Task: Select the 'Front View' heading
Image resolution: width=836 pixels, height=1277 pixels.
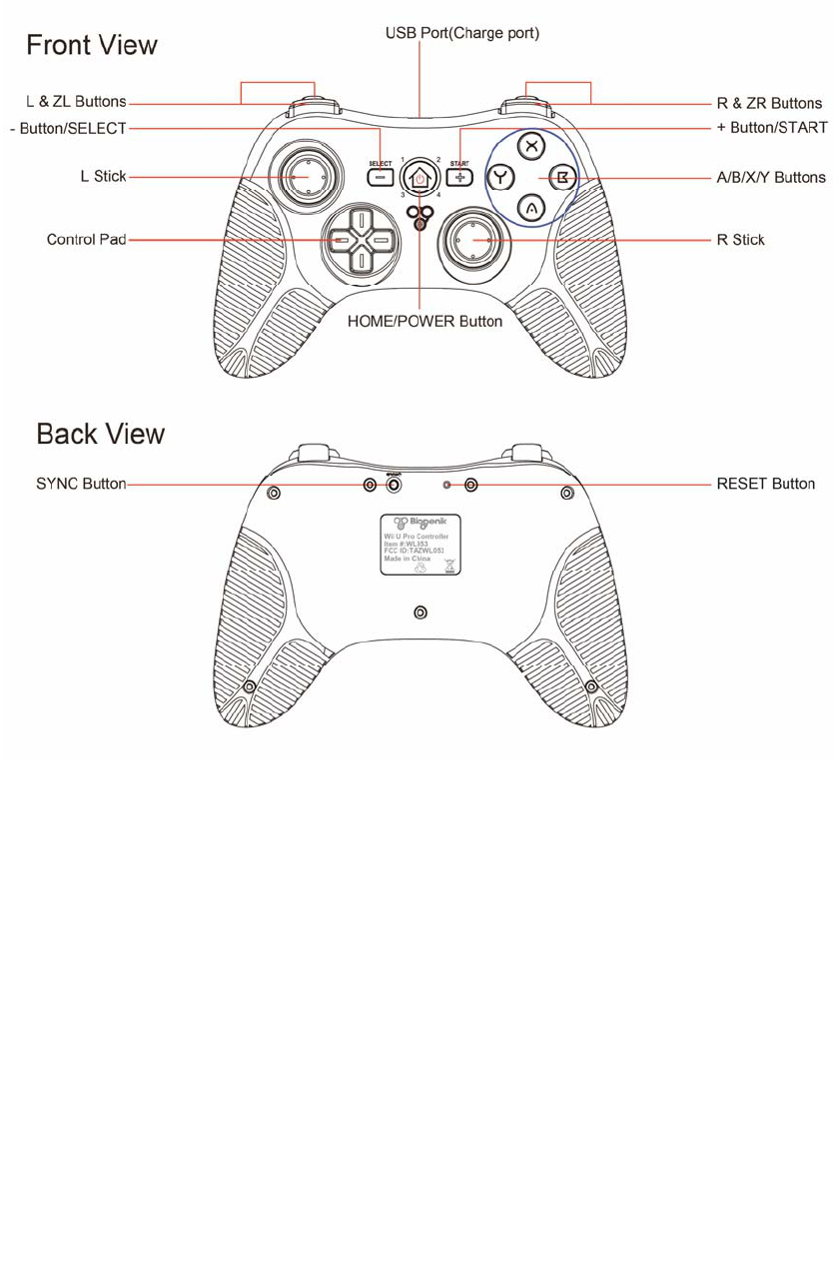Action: (92, 45)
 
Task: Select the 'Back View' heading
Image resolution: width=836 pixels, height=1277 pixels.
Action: (101, 435)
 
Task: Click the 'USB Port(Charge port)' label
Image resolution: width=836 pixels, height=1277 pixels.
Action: (462, 34)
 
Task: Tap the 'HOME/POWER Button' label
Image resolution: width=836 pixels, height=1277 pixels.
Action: (424, 322)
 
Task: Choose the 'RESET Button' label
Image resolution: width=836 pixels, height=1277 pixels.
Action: (766, 484)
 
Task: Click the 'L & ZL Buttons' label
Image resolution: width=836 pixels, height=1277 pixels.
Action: (76, 102)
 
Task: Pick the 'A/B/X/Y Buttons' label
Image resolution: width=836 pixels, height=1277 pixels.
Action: (771, 178)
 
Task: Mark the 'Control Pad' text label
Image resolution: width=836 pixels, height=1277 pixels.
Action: (87, 240)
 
